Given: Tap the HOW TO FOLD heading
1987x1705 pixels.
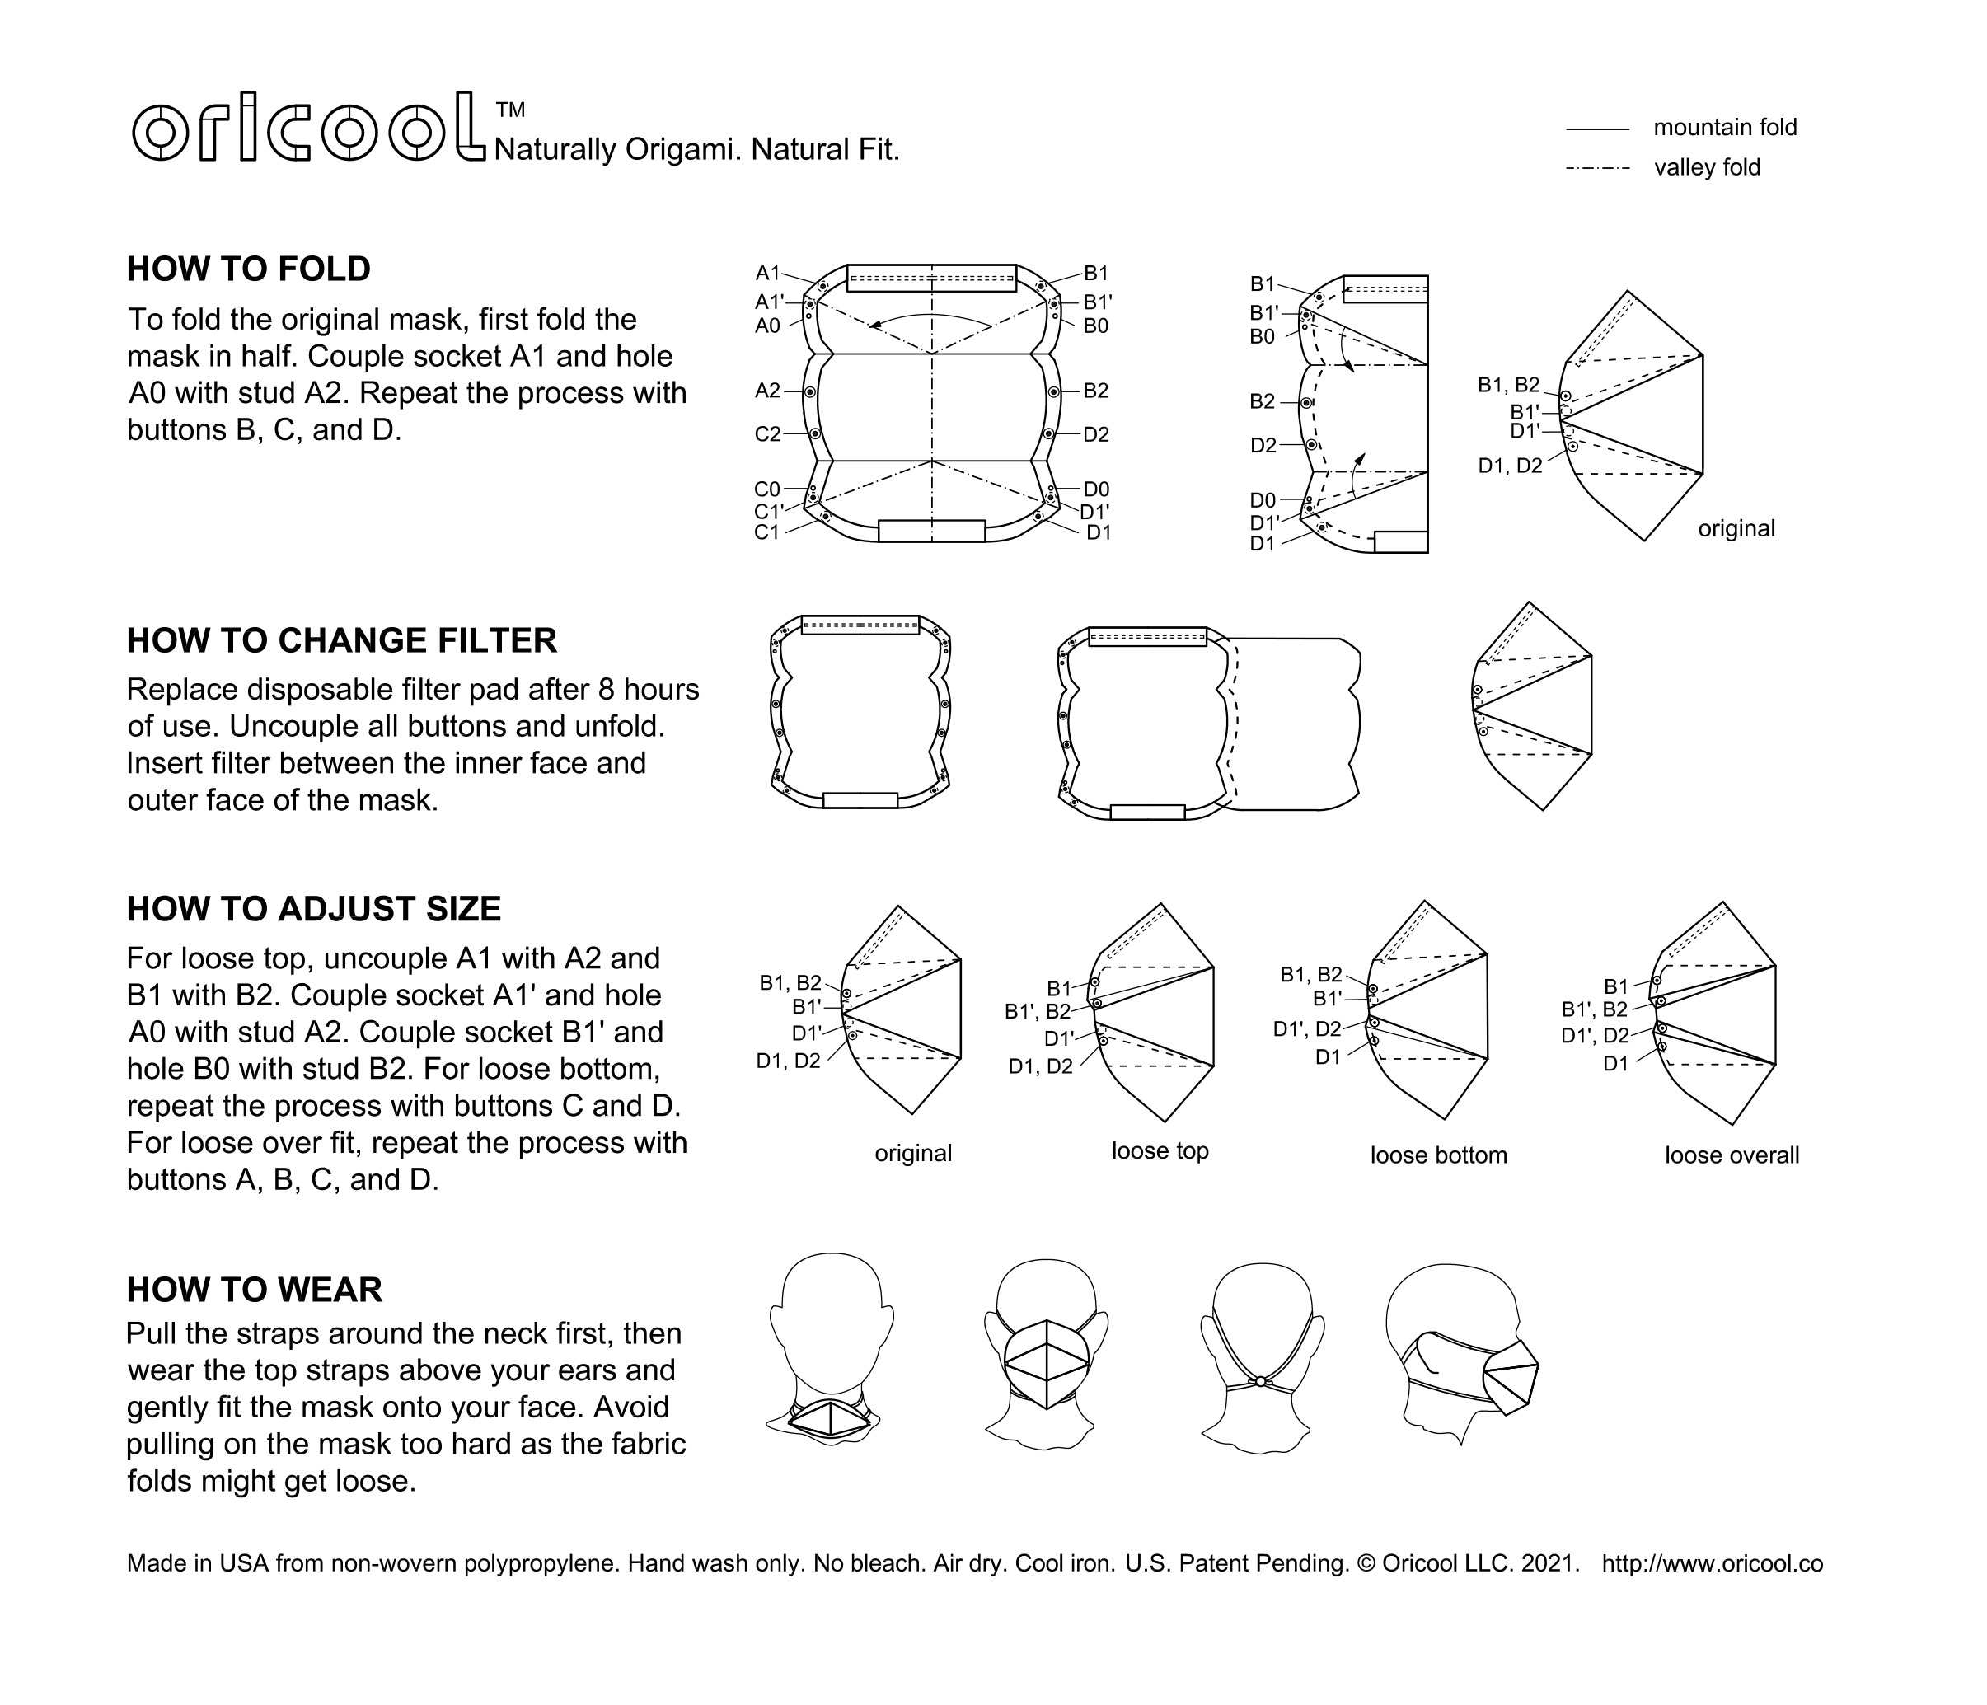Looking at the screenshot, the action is [248, 269].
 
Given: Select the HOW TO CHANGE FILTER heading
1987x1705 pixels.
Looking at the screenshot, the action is [341, 640].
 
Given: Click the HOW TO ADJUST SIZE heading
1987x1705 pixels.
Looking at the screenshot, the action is [314, 909].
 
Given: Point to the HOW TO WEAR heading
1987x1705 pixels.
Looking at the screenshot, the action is [254, 1290].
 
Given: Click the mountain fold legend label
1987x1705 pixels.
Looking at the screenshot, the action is [1725, 128].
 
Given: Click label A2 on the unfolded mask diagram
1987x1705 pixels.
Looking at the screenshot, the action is [767, 391].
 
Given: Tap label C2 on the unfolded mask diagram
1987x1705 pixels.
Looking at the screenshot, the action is [767, 434].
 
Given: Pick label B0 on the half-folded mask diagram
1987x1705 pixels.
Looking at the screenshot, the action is [1262, 336].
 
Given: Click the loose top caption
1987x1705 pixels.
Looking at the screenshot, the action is [1160, 1150].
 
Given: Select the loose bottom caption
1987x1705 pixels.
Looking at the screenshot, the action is [1438, 1155].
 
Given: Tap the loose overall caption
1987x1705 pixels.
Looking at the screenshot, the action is [1732, 1155].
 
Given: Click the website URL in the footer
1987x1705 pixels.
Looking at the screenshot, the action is [1712, 1564].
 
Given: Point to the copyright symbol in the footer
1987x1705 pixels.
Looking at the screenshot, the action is [1366, 1564].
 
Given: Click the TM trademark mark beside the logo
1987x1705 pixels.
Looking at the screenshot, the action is [511, 110].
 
